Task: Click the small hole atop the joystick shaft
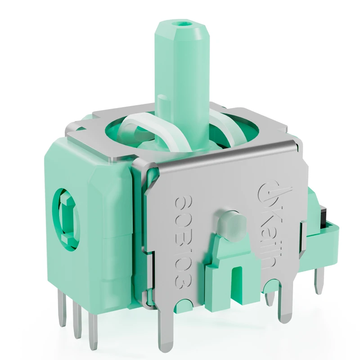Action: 183,24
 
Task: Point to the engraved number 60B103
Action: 183,243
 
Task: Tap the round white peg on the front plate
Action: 231,223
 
